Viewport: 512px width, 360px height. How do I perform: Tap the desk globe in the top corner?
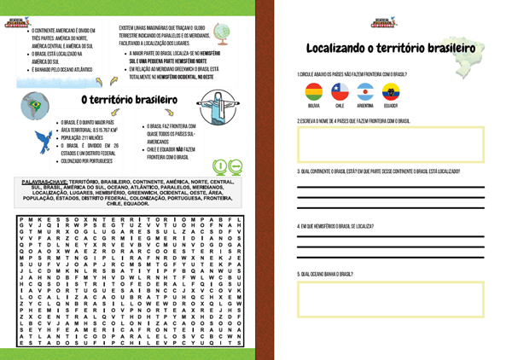223,32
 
